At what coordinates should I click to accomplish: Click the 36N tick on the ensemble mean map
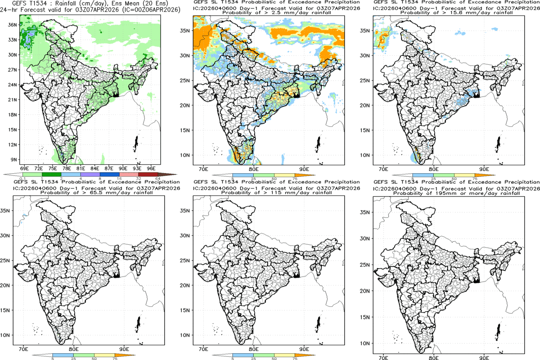point(13,25)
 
